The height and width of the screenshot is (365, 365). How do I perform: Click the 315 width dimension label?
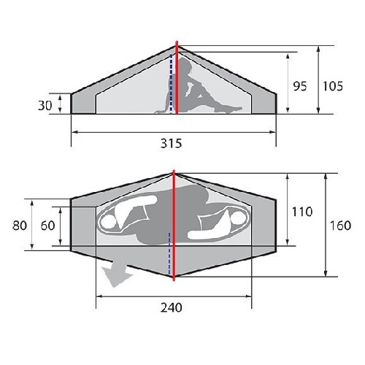171,143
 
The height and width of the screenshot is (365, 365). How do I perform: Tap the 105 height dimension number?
333,86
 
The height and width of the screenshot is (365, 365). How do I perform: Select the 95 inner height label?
300,86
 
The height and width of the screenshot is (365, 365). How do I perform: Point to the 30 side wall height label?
45,106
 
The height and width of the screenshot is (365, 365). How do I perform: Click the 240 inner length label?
171,307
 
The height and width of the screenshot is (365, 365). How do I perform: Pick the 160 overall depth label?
340,226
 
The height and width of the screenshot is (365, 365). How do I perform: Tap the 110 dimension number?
302,212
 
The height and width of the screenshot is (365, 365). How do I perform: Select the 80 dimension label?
20,226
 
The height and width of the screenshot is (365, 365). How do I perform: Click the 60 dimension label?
47,226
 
